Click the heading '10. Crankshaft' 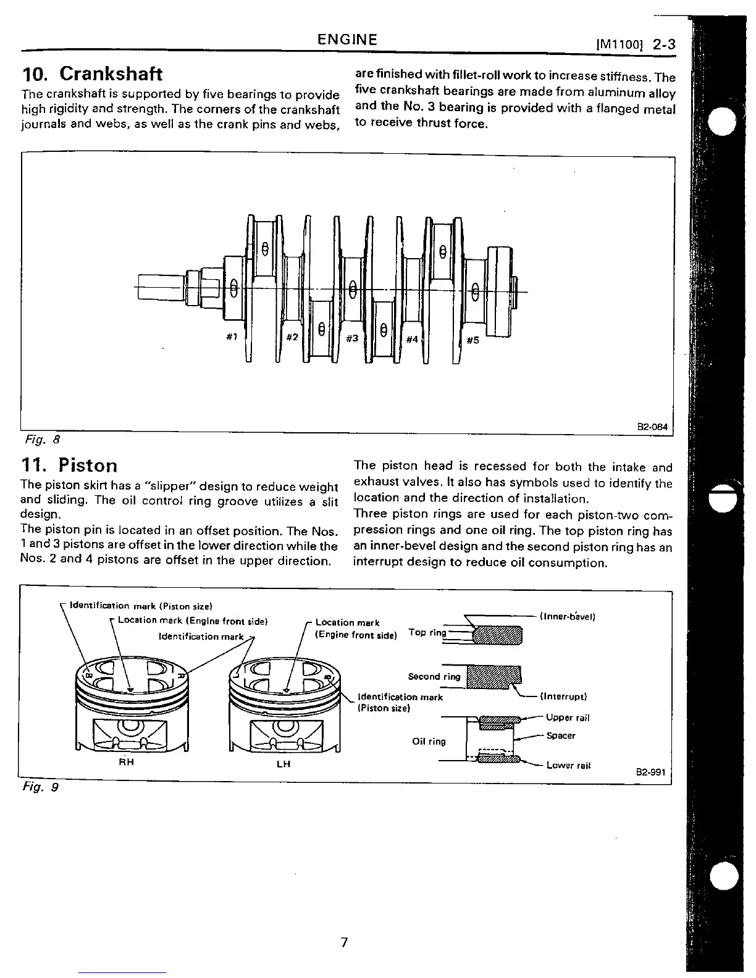[x=92, y=74]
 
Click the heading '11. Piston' [x=69, y=465]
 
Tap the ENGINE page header [x=347, y=40]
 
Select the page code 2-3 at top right [x=664, y=44]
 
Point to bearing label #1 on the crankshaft [x=232, y=336]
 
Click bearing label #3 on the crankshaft [x=352, y=338]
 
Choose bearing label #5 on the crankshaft [x=472, y=340]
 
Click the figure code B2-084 [x=652, y=427]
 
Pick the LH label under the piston [x=284, y=764]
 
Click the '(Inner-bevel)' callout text [x=567, y=616]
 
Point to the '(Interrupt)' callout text [x=563, y=696]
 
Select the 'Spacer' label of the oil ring [x=561, y=735]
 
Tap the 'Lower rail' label [x=568, y=766]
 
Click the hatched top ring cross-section [x=497, y=634]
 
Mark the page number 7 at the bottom [x=345, y=942]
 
